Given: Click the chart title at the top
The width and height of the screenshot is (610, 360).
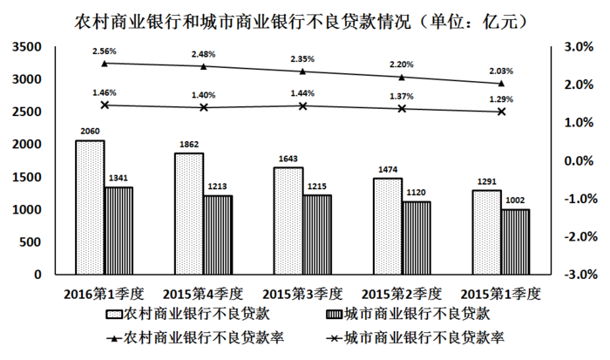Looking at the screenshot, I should coord(305,17).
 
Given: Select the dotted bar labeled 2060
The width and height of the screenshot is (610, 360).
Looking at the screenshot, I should coord(90,207).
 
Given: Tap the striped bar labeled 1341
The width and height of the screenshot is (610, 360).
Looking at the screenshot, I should coord(119,230).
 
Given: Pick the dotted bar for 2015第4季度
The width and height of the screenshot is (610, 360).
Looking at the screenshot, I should coord(189,214).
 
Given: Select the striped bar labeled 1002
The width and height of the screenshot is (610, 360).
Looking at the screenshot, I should coord(516,241).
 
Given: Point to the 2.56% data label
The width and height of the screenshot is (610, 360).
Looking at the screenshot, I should coord(105,52).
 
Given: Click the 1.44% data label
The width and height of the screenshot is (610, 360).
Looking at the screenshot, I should coord(303,92).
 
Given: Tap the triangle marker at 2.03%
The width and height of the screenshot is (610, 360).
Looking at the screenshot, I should coord(501,83).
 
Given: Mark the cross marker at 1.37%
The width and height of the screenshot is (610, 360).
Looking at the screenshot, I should coord(403,108).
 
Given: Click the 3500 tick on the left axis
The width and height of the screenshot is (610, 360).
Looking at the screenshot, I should coord(28,46).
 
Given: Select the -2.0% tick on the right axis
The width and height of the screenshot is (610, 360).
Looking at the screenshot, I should coord(577,237).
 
